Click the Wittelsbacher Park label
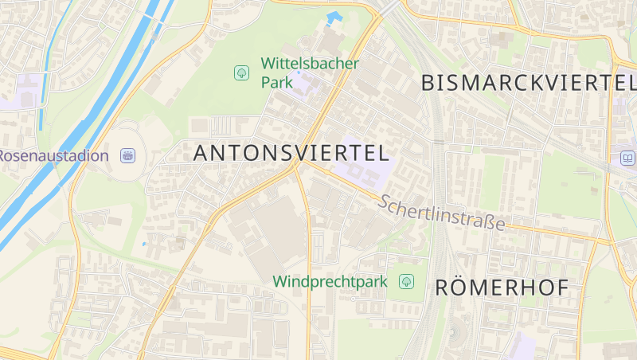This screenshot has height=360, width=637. pyautogui.click(x=310, y=72)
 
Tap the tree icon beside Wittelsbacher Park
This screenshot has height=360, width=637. pyautogui.click(x=241, y=73)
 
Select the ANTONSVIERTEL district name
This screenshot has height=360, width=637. pyautogui.click(x=291, y=153)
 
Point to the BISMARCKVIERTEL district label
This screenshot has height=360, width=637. pyautogui.click(x=527, y=82)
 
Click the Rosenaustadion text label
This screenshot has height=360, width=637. pyautogui.click(x=53, y=155)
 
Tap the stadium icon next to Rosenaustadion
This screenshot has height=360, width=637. pyautogui.click(x=127, y=155)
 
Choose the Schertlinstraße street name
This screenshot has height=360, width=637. pyautogui.click(x=442, y=213)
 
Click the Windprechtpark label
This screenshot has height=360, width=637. pyautogui.click(x=330, y=281)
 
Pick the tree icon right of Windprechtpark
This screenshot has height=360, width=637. pyautogui.click(x=407, y=281)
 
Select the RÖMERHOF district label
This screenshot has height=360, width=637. pyautogui.click(x=502, y=288)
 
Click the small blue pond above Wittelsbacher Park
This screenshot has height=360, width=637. pyautogui.click(x=334, y=17)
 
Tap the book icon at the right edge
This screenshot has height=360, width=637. pyautogui.click(x=627, y=158)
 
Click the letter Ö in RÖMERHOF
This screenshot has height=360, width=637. pyautogui.click(x=466, y=288)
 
